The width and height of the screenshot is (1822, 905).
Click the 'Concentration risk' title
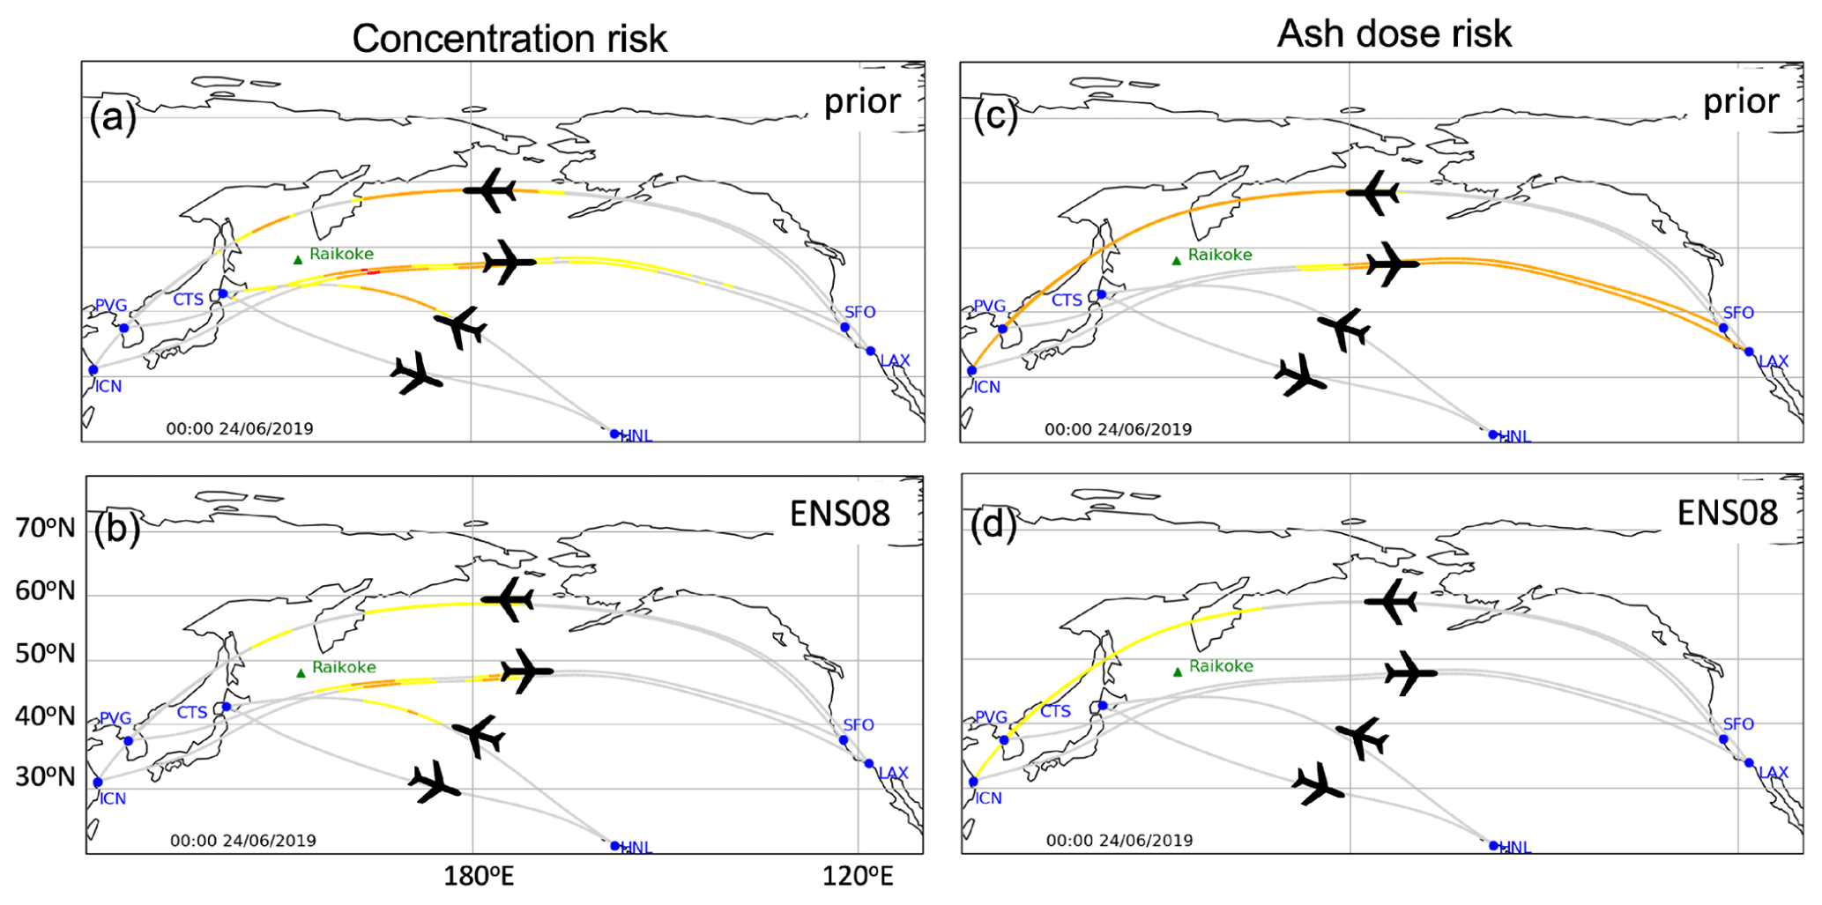click(509, 39)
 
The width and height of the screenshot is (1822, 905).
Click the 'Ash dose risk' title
click(1394, 33)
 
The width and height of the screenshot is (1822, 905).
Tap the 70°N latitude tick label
click(45, 528)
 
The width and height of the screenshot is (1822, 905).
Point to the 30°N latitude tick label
click(45, 776)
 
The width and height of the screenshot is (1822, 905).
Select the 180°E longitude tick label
click(479, 876)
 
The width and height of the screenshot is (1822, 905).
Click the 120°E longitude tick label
click(858, 876)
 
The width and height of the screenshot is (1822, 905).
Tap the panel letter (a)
click(113, 116)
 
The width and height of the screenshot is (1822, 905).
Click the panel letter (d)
click(993, 525)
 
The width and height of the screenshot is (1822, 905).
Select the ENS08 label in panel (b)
click(839, 513)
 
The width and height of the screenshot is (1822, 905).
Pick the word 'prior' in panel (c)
click(1740, 101)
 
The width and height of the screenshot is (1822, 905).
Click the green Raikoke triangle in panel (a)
click(298, 259)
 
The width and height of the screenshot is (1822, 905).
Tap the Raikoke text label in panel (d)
click(1221, 666)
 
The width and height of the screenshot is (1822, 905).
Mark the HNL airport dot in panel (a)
click(614, 434)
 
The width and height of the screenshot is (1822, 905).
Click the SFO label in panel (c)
click(1738, 313)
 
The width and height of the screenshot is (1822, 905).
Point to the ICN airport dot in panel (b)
click(98, 783)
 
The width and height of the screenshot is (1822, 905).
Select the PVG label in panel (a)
click(111, 306)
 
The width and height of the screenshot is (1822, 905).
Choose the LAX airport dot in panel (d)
click(1749, 763)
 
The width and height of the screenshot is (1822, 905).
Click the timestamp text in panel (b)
click(242, 841)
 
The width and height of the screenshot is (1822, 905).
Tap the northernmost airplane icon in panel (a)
click(490, 190)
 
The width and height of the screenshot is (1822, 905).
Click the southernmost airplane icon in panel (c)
click(1299, 376)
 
